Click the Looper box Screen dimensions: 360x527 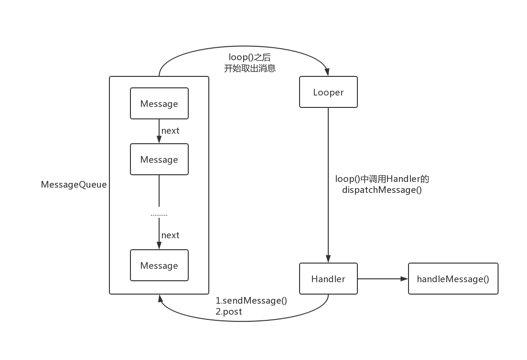pos(328,92)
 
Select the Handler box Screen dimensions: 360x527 pos(328,279)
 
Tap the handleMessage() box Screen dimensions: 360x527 pos(453,279)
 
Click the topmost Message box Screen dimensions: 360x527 pos(159,104)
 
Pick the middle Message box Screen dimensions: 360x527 pos(159,159)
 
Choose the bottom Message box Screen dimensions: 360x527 pos(159,265)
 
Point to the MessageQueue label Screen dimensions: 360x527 pos(74,185)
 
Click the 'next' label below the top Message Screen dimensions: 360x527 pos(170,131)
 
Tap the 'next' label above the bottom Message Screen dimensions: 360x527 pos(170,235)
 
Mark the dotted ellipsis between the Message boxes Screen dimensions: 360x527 pos(159,215)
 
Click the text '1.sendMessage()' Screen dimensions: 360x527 pos(251,301)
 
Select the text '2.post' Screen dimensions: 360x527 pos(229,312)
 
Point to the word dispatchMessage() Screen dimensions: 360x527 pos(382,190)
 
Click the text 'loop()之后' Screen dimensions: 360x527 pos(250,57)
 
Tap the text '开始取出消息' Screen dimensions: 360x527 pos(250,68)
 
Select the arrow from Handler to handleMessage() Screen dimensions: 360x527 pos(382,279)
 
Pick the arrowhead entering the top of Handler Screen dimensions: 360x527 pos(328,259)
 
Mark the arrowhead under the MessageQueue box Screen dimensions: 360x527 pos(159,298)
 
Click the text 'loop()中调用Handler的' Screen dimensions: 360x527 pos(382,179)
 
